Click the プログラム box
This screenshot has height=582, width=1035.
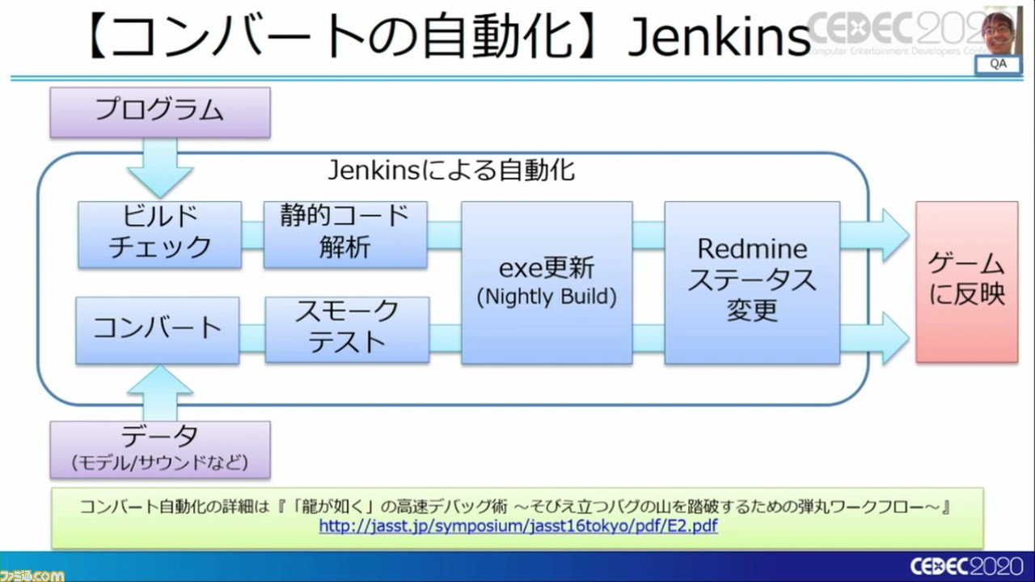[x=159, y=112]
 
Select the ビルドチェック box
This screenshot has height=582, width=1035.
[x=159, y=234]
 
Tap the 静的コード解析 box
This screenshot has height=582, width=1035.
[x=345, y=234]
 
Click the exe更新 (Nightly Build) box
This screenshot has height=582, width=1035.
[x=547, y=282]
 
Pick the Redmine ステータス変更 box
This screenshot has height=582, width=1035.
[x=752, y=282]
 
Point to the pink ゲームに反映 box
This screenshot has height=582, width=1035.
[x=966, y=281]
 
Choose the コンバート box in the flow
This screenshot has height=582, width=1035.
[x=158, y=329]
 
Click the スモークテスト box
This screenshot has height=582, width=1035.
[x=347, y=329]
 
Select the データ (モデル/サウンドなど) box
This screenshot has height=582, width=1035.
[x=159, y=449]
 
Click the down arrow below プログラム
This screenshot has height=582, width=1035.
[x=159, y=166]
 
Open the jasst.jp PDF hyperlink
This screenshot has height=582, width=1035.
[x=518, y=526]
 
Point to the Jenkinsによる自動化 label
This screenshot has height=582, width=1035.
[x=451, y=171]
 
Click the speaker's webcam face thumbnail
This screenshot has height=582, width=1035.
[x=998, y=31]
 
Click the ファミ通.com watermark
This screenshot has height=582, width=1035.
[x=32, y=574]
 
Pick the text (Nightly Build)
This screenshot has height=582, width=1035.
[x=547, y=297]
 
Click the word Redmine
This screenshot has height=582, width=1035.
[x=752, y=247]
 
